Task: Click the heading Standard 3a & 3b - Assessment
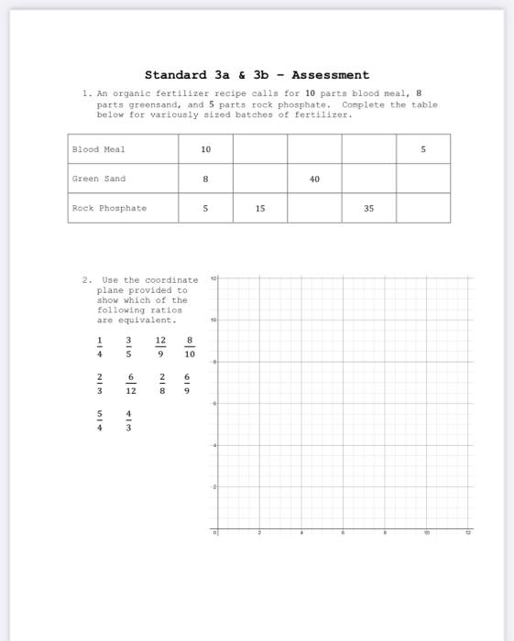(257, 75)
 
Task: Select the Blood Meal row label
(99, 149)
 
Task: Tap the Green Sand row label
(99, 179)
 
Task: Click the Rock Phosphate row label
(109, 208)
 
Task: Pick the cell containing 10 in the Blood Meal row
(205, 149)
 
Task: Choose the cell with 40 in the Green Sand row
(314, 179)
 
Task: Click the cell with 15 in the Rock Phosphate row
(260, 208)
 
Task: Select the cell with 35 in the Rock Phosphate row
(368, 208)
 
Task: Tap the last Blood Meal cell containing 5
(423, 149)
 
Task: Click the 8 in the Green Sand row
(205, 179)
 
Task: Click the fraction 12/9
(160, 348)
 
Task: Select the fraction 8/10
(190, 348)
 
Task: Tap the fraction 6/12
(131, 384)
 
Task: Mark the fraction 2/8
(160, 384)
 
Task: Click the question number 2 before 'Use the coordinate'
(85, 279)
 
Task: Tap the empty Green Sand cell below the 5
(423, 179)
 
